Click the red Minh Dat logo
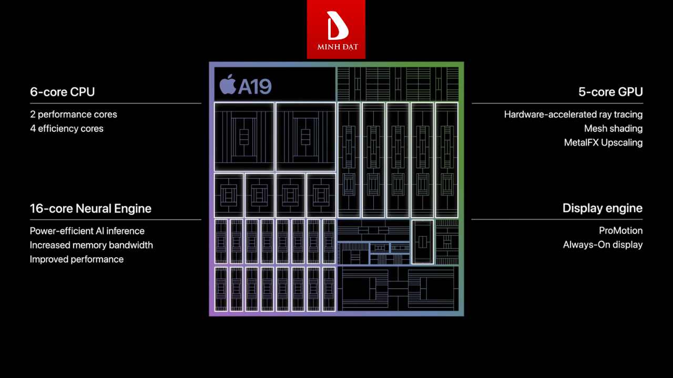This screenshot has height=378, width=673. [336, 29]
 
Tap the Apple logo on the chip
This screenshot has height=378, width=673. [228, 84]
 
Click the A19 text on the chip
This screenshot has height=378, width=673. [254, 86]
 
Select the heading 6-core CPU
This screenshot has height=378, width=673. [63, 92]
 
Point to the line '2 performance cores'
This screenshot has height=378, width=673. [74, 114]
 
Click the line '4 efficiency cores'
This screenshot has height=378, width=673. [67, 129]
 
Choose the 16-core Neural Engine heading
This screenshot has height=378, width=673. [90, 208]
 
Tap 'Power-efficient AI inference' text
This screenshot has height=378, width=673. [87, 231]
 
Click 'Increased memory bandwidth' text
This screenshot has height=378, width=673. [91, 245]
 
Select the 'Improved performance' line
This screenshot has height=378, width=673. [77, 259]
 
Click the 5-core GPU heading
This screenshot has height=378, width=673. [610, 92]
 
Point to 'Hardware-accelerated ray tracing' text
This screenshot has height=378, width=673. [573, 114]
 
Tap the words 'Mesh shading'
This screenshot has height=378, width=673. [613, 129]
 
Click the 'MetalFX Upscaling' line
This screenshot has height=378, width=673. [603, 143]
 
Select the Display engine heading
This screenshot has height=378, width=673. [603, 208]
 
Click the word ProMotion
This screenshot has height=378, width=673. [620, 231]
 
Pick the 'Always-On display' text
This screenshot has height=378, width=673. [603, 245]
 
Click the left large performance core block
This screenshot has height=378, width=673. [244, 136]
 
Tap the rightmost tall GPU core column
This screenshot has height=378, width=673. [447, 160]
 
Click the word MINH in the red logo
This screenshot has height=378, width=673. [326, 47]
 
